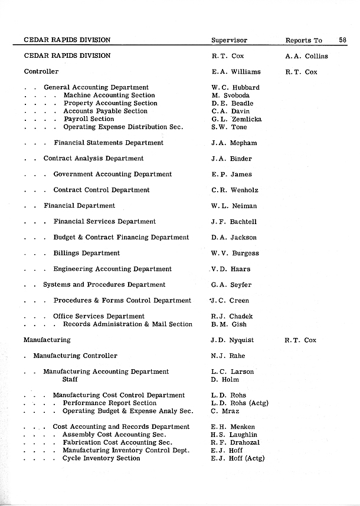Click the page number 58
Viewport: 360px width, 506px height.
[343, 40]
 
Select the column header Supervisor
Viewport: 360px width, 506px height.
[229, 41]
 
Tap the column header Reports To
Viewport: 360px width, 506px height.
[303, 41]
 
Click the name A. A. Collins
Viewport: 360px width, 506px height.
[306, 57]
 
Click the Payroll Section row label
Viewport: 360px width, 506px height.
[89, 119]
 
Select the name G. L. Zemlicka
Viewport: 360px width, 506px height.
[236, 119]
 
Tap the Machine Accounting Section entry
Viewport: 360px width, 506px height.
[109, 96]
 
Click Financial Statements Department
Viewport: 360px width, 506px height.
[109, 143]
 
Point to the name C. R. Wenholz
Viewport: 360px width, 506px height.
[234, 190]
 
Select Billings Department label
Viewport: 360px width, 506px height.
[87, 253]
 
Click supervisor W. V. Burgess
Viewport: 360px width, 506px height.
[234, 254]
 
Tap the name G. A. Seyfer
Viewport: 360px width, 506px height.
[231, 285]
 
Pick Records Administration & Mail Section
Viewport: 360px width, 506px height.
[127, 324]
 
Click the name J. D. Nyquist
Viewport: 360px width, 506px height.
[232, 340]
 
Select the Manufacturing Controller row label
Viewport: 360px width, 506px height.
[75, 356]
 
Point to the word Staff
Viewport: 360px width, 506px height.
[70, 380]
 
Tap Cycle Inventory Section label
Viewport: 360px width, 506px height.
[102, 458]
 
